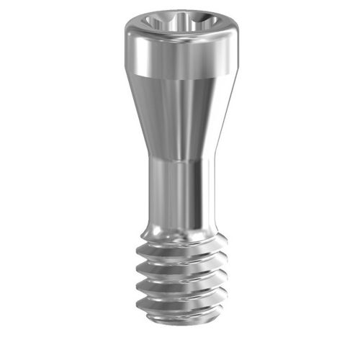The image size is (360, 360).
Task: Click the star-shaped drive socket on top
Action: pos(180,19)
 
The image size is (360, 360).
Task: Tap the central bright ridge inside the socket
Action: pos(180,22)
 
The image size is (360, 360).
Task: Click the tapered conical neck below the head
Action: pos(180,115)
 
